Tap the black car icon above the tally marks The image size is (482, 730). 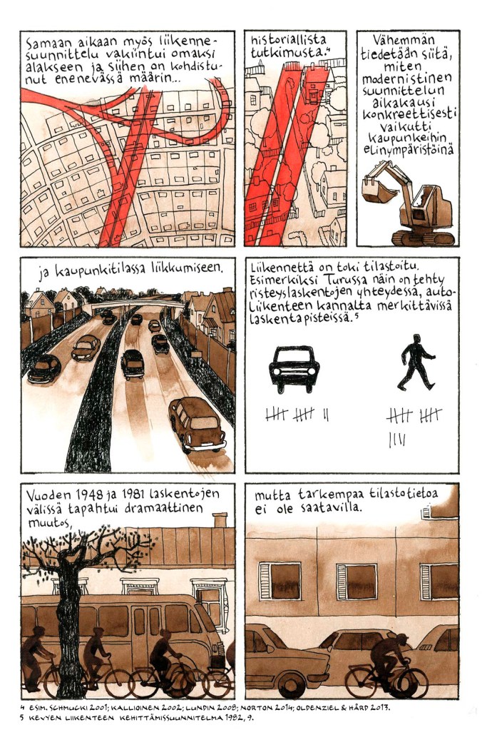(x=294, y=369)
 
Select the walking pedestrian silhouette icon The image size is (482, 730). (x=416, y=362)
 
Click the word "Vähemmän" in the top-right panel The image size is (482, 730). (x=404, y=41)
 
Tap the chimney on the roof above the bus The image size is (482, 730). (x=220, y=520)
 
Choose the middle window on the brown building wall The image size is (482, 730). (x=357, y=581)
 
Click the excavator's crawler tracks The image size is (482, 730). (x=422, y=238)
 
